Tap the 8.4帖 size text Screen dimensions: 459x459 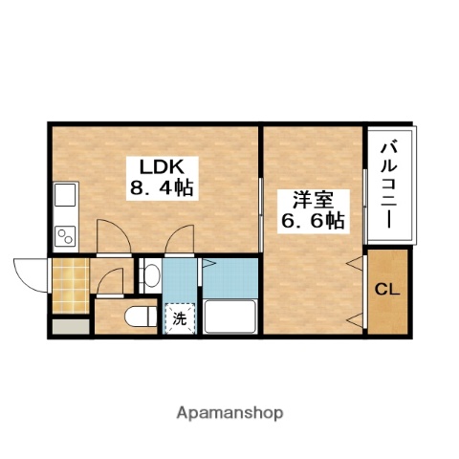tap(162, 187)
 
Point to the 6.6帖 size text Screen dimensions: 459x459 tap(313, 221)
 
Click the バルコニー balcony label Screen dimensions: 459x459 tap(388, 184)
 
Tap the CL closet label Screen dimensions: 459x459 tap(385, 289)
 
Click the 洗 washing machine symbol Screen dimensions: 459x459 tap(179, 318)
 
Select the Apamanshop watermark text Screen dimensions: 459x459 tap(229, 413)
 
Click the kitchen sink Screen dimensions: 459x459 tap(65, 197)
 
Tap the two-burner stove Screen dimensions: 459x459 tap(65, 233)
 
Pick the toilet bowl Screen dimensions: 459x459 tap(139, 316)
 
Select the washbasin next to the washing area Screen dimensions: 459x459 tap(149, 277)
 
